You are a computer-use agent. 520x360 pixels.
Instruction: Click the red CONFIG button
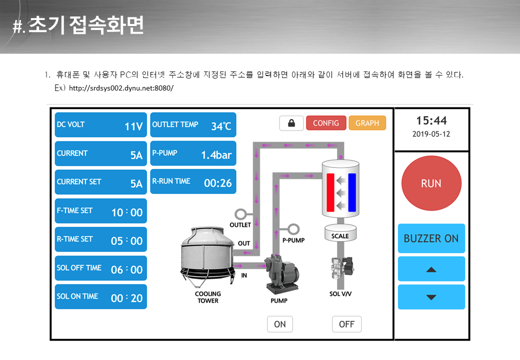pos(326,123)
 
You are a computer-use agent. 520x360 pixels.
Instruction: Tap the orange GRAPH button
pos(367,123)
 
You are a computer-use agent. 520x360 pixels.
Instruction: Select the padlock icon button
pos(291,123)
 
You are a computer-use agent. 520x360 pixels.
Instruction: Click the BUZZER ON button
pos(431,238)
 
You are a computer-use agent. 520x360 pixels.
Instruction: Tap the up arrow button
pos(431,269)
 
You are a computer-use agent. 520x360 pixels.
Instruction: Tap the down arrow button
pos(431,297)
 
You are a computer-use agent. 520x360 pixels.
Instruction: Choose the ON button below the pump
pos(280,324)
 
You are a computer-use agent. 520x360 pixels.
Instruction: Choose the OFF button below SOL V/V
pos(347,324)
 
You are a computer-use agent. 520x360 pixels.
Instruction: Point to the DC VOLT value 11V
pos(133,126)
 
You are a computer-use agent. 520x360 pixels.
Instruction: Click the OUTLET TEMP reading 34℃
pos(221,126)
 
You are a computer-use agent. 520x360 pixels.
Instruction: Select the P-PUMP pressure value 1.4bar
pos(216,155)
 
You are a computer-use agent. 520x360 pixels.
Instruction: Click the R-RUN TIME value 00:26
pos(218,183)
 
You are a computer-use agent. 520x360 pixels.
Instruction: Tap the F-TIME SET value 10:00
pos(127,212)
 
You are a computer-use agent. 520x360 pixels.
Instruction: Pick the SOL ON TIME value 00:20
pos(126,298)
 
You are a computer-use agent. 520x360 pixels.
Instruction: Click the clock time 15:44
pos(431,120)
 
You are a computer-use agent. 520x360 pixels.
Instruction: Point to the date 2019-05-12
pos(431,134)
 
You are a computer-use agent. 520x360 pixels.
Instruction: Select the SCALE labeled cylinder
pos(340,232)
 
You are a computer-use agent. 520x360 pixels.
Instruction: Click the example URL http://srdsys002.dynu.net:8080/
pos(121,88)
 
